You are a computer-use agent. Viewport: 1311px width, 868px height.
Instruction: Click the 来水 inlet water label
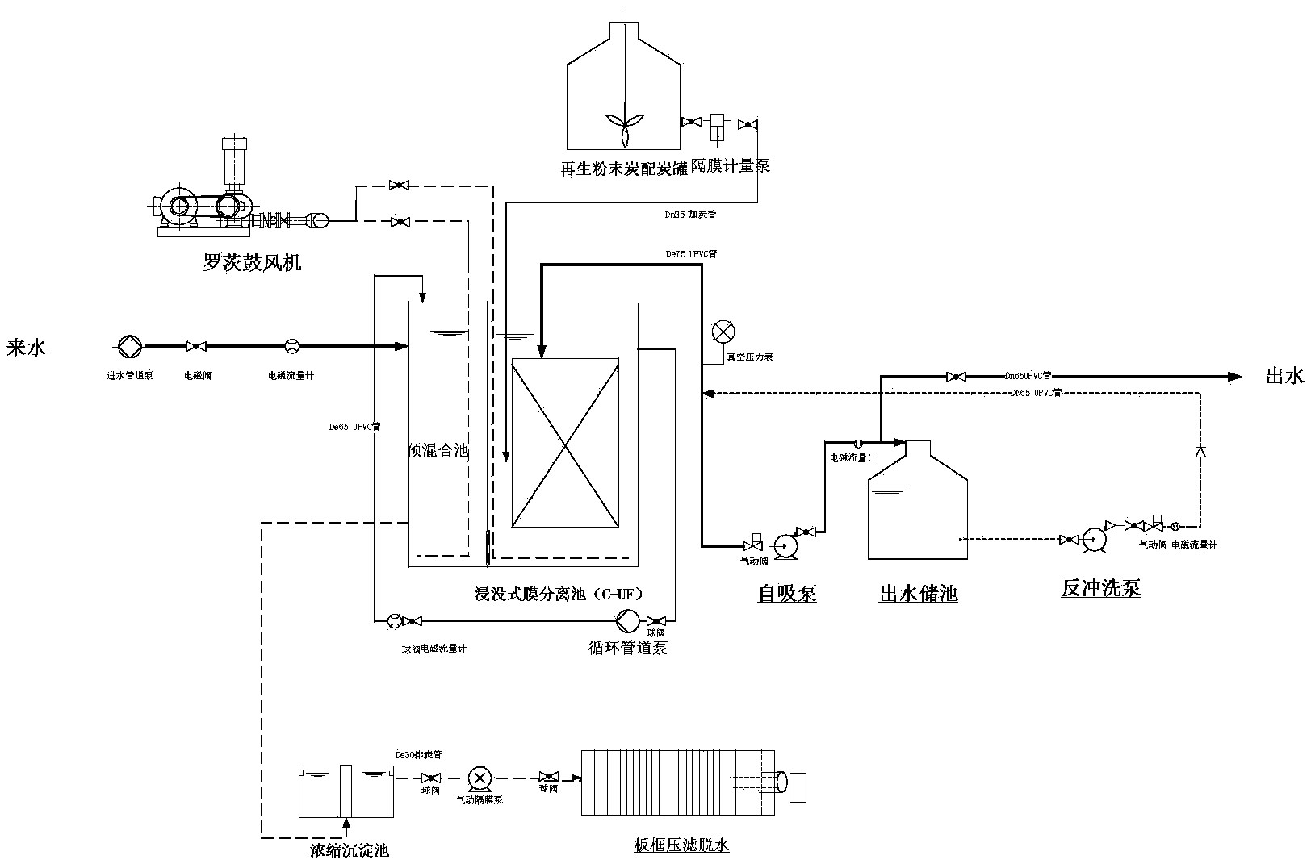[x=26, y=348]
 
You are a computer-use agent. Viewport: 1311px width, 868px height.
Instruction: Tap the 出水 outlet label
[x=1284, y=376]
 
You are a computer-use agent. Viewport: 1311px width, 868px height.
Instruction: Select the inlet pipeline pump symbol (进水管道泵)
[x=129, y=346]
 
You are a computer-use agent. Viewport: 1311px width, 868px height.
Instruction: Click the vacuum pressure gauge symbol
[x=723, y=332]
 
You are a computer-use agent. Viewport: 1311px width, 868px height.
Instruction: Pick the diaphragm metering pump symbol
[x=716, y=123]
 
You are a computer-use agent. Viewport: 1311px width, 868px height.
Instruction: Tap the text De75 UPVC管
[x=690, y=254]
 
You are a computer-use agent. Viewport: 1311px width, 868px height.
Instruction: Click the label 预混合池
[x=437, y=450]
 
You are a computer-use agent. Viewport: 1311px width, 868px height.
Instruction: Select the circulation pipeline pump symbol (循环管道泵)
[x=627, y=620]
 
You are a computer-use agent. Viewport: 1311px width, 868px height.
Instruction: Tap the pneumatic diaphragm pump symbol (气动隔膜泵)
[x=480, y=778]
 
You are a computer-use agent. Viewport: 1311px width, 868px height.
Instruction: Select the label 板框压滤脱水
[x=681, y=845]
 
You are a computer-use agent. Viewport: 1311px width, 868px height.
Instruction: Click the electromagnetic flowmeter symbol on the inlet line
[x=292, y=346]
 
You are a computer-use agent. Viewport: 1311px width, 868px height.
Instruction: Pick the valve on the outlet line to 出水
[x=955, y=376]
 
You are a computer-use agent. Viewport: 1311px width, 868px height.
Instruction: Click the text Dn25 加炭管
[x=688, y=215]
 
